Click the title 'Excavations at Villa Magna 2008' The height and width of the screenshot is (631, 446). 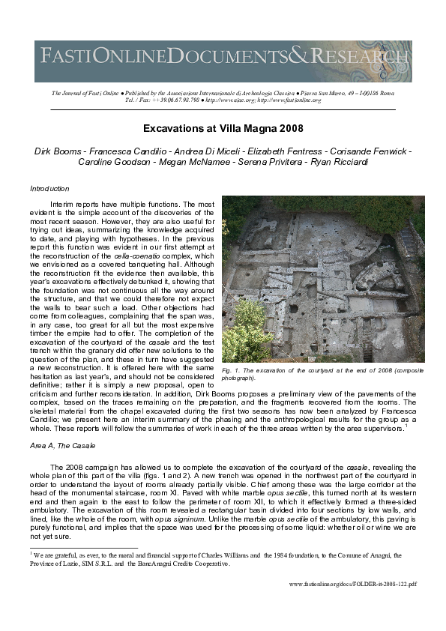click(223, 128)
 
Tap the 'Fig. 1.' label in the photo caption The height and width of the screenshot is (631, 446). click(232, 371)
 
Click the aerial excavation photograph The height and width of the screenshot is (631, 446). click(322, 280)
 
